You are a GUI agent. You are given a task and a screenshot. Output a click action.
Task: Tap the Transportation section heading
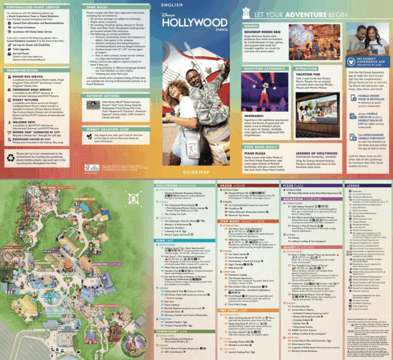[23, 71]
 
